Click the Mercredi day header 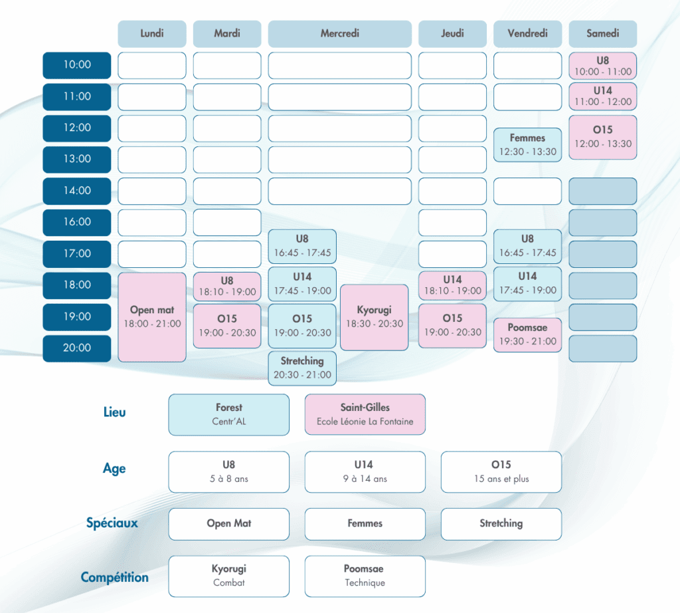(x=339, y=34)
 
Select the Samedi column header (x=602, y=34)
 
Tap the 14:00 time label (x=76, y=191)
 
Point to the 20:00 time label (x=76, y=348)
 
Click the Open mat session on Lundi (x=152, y=317)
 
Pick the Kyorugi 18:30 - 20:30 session (x=374, y=317)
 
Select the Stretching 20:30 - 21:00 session (x=302, y=368)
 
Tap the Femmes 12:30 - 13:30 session (x=527, y=145)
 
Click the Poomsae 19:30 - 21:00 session (x=527, y=334)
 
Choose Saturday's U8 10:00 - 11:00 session (x=602, y=66)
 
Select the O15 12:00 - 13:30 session (x=602, y=137)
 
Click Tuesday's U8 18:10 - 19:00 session (x=227, y=286)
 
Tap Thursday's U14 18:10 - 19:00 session (x=452, y=285)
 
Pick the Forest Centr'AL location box (x=228, y=414)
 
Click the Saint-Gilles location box (x=365, y=414)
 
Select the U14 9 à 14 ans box (x=365, y=472)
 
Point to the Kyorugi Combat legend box (x=228, y=576)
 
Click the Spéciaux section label (x=112, y=523)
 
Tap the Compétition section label (x=114, y=577)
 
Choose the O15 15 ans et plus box (x=501, y=472)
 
